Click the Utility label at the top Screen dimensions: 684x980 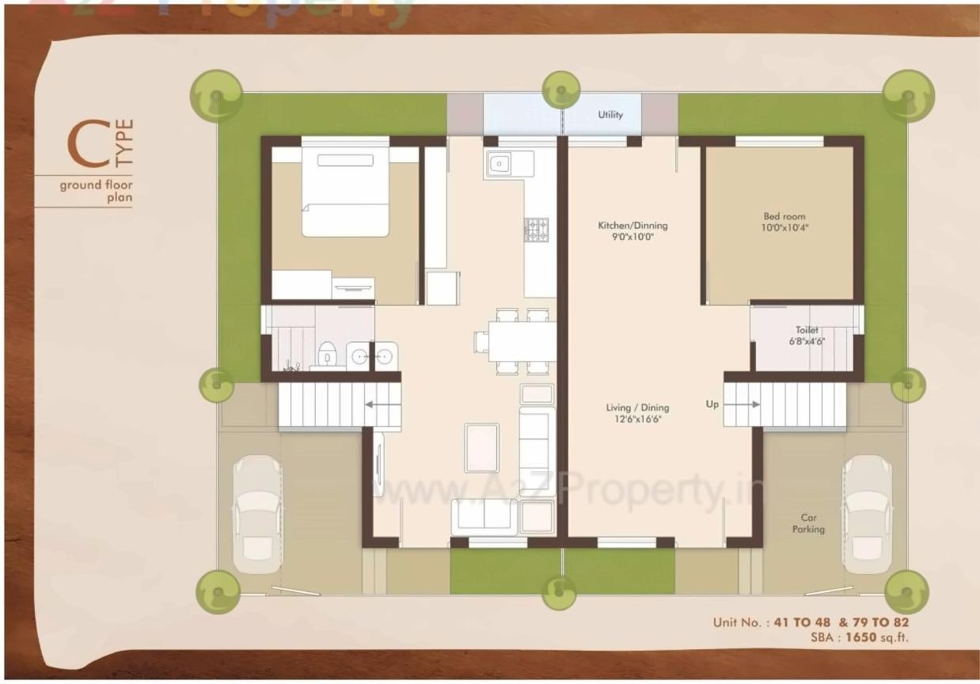[610, 115]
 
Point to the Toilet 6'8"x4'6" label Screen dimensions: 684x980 [807, 336]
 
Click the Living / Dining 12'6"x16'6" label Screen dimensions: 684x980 [637, 413]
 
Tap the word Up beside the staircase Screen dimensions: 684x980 [712, 405]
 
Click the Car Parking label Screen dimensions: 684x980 [808, 523]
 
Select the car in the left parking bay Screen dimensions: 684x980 [257, 513]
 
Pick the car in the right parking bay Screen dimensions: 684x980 [867, 513]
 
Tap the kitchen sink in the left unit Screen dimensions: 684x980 [500, 165]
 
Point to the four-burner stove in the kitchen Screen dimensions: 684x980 [537, 230]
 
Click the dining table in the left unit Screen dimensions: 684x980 [522, 341]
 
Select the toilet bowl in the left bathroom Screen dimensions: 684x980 [327, 354]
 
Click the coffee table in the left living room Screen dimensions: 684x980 [481, 447]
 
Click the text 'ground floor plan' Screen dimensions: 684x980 [96, 192]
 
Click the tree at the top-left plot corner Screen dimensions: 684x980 [216, 95]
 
